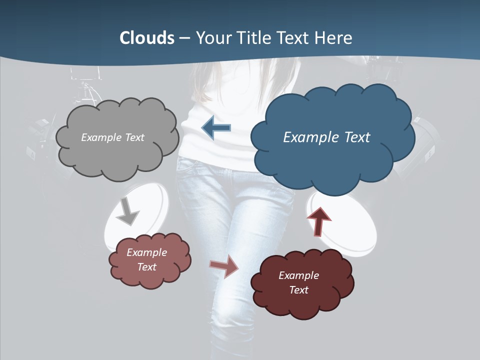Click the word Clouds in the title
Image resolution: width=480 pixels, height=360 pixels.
point(146,38)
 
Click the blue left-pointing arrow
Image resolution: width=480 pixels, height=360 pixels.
point(216,128)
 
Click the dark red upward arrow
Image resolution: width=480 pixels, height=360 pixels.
point(318,221)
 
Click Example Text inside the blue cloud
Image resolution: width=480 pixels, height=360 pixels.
point(326,137)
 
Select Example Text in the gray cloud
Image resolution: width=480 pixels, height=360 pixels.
point(112,137)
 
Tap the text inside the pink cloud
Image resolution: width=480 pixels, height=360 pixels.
point(147,259)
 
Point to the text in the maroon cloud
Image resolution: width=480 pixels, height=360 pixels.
point(298,282)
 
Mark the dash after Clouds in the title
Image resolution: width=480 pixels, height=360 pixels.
point(184,38)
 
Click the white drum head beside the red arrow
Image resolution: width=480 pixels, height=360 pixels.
point(350,225)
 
